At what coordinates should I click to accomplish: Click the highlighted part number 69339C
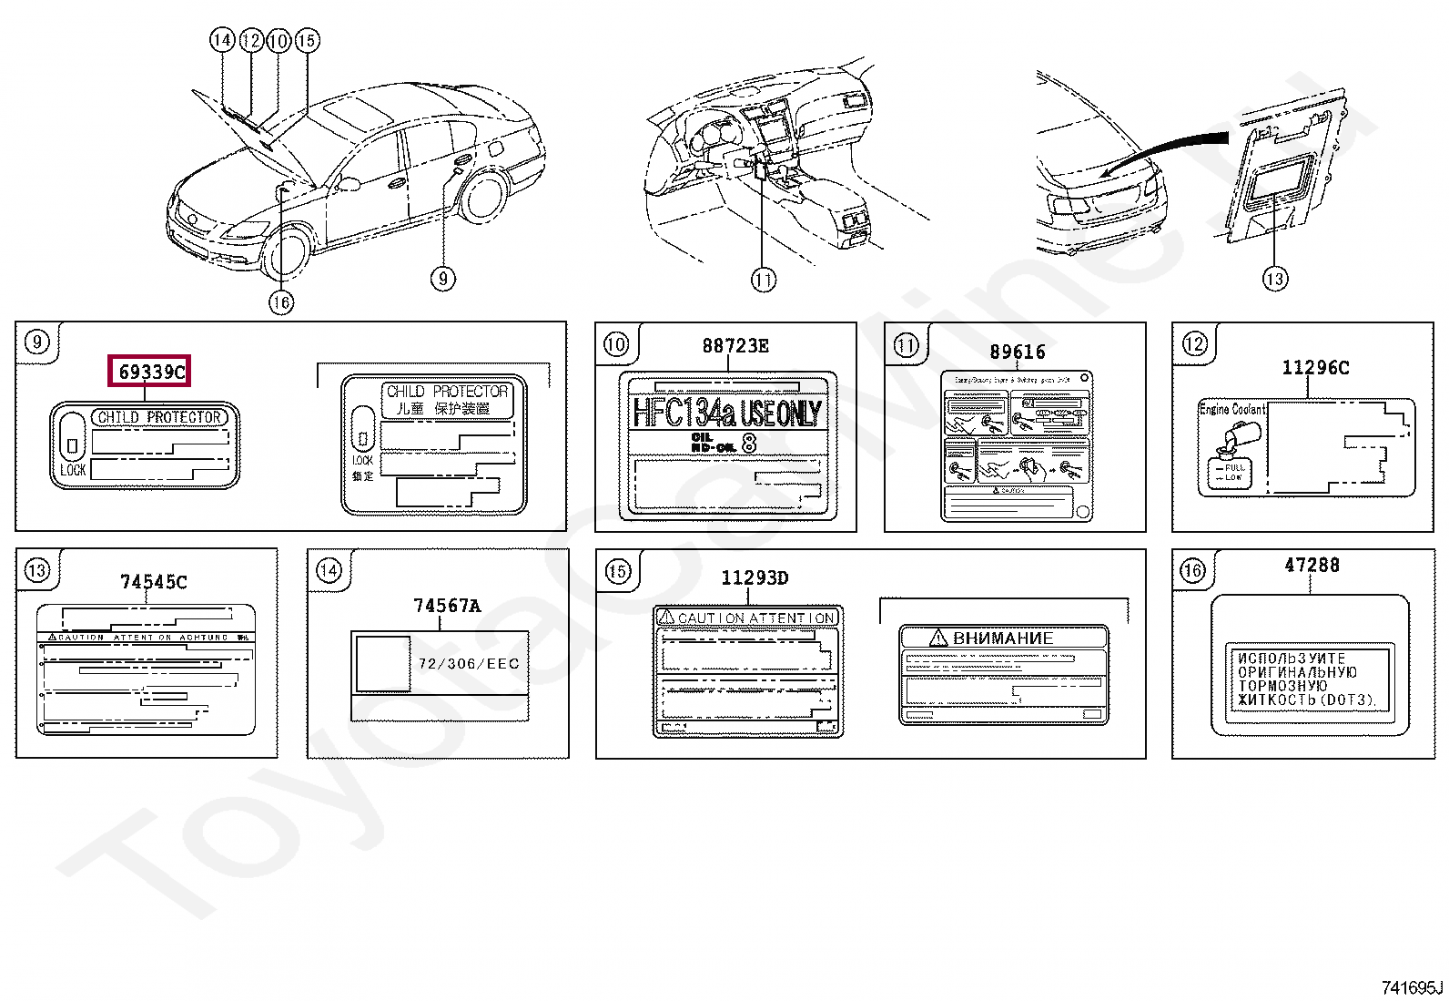[151, 371]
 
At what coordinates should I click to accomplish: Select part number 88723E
[735, 346]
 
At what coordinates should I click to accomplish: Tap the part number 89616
[1017, 352]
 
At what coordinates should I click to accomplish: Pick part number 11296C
[1314, 368]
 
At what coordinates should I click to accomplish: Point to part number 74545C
[153, 582]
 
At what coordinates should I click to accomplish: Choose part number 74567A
[446, 606]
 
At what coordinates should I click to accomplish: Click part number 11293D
[755, 577]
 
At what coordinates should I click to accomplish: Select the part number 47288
[1312, 566]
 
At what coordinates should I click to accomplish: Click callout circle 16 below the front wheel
[281, 301]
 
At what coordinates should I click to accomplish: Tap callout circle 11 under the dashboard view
[763, 280]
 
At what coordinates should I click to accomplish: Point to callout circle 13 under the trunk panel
[1275, 279]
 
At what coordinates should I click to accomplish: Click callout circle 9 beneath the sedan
[442, 278]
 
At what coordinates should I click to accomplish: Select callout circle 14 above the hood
[222, 40]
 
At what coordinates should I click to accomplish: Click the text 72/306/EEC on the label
[469, 664]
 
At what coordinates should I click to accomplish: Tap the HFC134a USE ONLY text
[726, 413]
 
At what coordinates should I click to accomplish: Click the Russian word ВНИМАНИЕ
[1002, 638]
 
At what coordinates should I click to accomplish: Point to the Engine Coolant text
[1231, 410]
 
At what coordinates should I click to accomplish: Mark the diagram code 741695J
[1412, 987]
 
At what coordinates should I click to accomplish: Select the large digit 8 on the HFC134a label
[749, 444]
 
